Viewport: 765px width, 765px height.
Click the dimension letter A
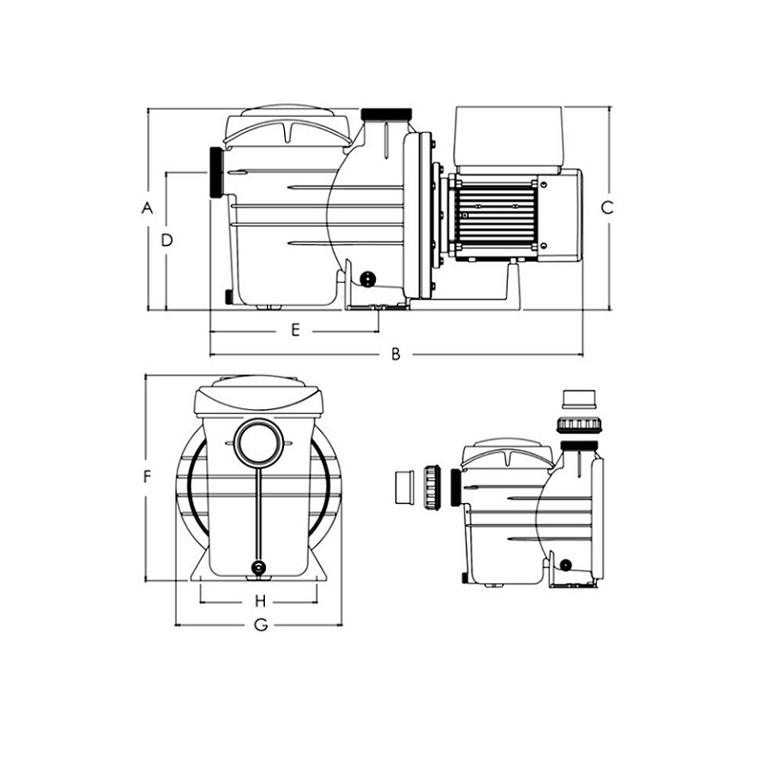click(147, 208)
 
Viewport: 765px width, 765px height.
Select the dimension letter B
click(396, 354)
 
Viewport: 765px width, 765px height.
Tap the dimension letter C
click(607, 208)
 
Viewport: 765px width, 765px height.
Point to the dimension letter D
click(166, 240)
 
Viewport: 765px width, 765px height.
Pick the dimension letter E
click(295, 330)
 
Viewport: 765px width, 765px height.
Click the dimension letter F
click(147, 476)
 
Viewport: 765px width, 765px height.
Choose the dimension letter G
click(261, 624)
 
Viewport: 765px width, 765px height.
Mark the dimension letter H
click(260, 601)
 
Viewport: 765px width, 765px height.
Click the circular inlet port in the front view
click(258, 443)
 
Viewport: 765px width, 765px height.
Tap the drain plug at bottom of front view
click(258, 567)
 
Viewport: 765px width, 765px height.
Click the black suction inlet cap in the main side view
click(216, 172)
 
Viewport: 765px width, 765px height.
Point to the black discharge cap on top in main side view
click(386, 114)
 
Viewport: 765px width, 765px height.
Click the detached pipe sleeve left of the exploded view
click(404, 487)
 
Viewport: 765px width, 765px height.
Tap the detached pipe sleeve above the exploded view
click(579, 400)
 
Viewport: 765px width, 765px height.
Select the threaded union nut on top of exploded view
click(579, 424)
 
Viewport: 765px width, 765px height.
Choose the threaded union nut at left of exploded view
click(432, 487)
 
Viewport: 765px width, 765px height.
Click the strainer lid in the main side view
click(288, 126)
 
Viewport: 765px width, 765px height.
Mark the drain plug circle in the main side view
click(367, 278)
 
